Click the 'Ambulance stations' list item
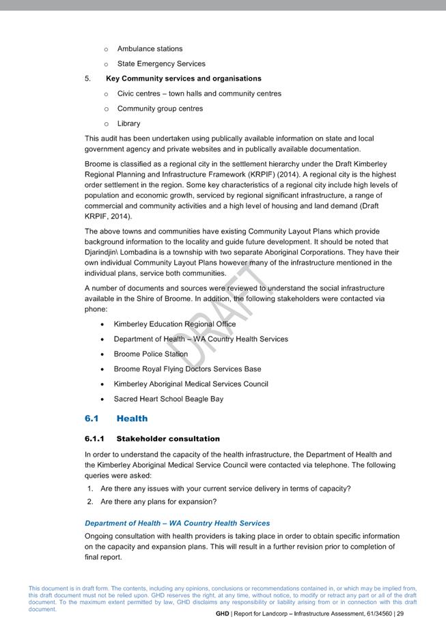[150, 49]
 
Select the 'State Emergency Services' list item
[161, 64]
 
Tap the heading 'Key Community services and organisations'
[183, 78]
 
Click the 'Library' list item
[128, 124]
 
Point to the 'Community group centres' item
[160, 109]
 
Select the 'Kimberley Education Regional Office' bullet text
[174, 324]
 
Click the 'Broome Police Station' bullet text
[150, 354]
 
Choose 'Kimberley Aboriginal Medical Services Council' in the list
[191, 384]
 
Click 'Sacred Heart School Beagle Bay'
[168, 399]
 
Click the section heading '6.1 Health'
[116, 418]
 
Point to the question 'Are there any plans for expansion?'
[158, 502]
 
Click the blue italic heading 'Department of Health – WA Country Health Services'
[177, 524]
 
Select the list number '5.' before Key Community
[88, 78]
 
